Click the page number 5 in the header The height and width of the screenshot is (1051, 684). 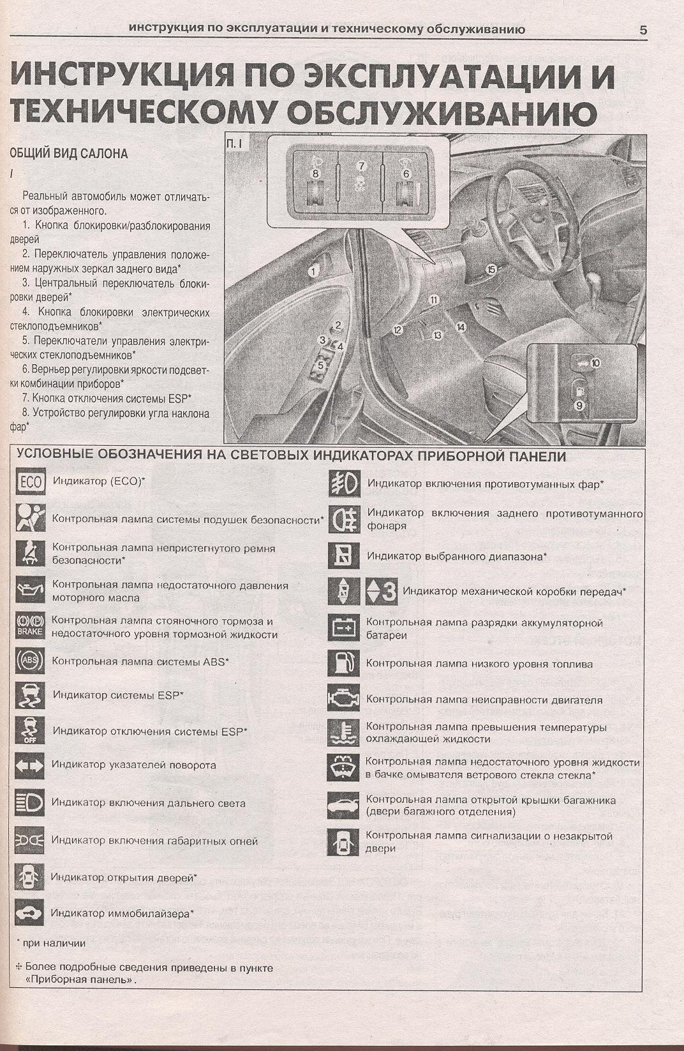[643, 29]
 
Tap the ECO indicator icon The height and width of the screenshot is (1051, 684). [31, 481]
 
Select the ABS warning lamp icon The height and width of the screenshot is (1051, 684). [30, 661]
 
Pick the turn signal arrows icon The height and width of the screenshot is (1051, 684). [29, 766]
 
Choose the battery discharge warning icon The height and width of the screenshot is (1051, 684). [344, 628]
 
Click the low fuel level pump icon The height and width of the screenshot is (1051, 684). [344, 663]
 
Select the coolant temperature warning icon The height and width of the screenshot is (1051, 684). [344, 732]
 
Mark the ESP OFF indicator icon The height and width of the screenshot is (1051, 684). [29, 730]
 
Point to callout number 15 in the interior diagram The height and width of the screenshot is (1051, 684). [491, 269]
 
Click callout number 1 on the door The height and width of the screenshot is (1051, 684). [313, 271]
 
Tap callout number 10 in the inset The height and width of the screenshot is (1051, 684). [595, 363]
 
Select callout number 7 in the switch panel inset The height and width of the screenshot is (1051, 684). [361, 166]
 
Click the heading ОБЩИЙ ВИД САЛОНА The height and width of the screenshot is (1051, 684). [68, 154]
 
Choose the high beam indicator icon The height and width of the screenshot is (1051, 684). [29, 803]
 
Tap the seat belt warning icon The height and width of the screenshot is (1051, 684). [31, 554]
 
